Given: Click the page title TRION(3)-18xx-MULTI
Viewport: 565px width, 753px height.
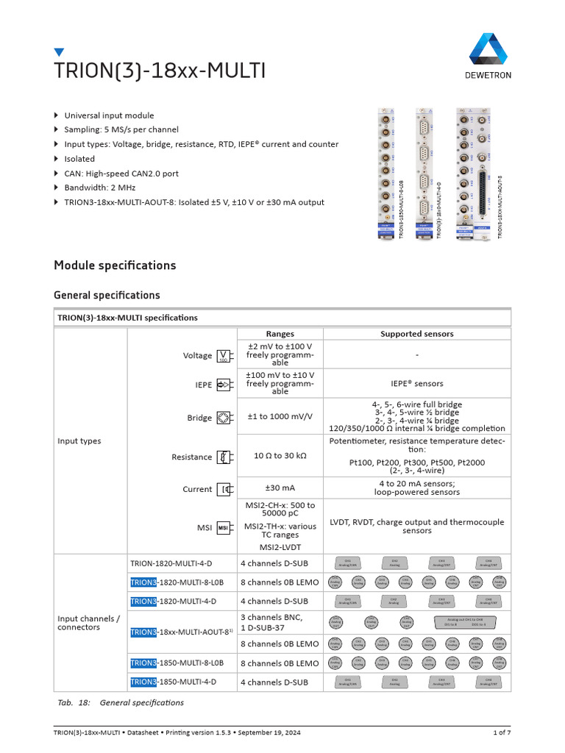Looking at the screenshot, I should (x=160, y=71).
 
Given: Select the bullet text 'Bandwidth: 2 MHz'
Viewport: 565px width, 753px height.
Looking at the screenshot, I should (x=106, y=188).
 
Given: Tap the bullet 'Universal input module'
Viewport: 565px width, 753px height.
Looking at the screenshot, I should (x=109, y=115).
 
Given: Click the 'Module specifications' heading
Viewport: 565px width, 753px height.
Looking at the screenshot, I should (x=115, y=265).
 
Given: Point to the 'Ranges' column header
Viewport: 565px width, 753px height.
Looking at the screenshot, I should (x=280, y=334).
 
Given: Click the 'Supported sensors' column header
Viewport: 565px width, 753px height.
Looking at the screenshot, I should (x=416, y=334).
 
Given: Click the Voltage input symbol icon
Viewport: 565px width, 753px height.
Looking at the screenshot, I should (x=223, y=356).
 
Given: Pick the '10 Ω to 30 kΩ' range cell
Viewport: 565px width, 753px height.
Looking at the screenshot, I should (x=280, y=456).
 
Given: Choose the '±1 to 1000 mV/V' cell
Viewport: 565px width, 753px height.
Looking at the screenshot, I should (x=280, y=416).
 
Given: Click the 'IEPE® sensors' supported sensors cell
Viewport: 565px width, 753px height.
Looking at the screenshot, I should (x=416, y=383).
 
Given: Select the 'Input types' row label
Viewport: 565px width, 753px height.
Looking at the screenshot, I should (x=79, y=441).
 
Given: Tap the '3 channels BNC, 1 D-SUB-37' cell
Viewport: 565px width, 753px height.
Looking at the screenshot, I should (x=272, y=622).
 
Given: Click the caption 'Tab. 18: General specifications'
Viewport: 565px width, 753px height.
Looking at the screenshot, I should (x=121, y=702).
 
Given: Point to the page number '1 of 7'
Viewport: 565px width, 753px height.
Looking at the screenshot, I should (x=502, y=733).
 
